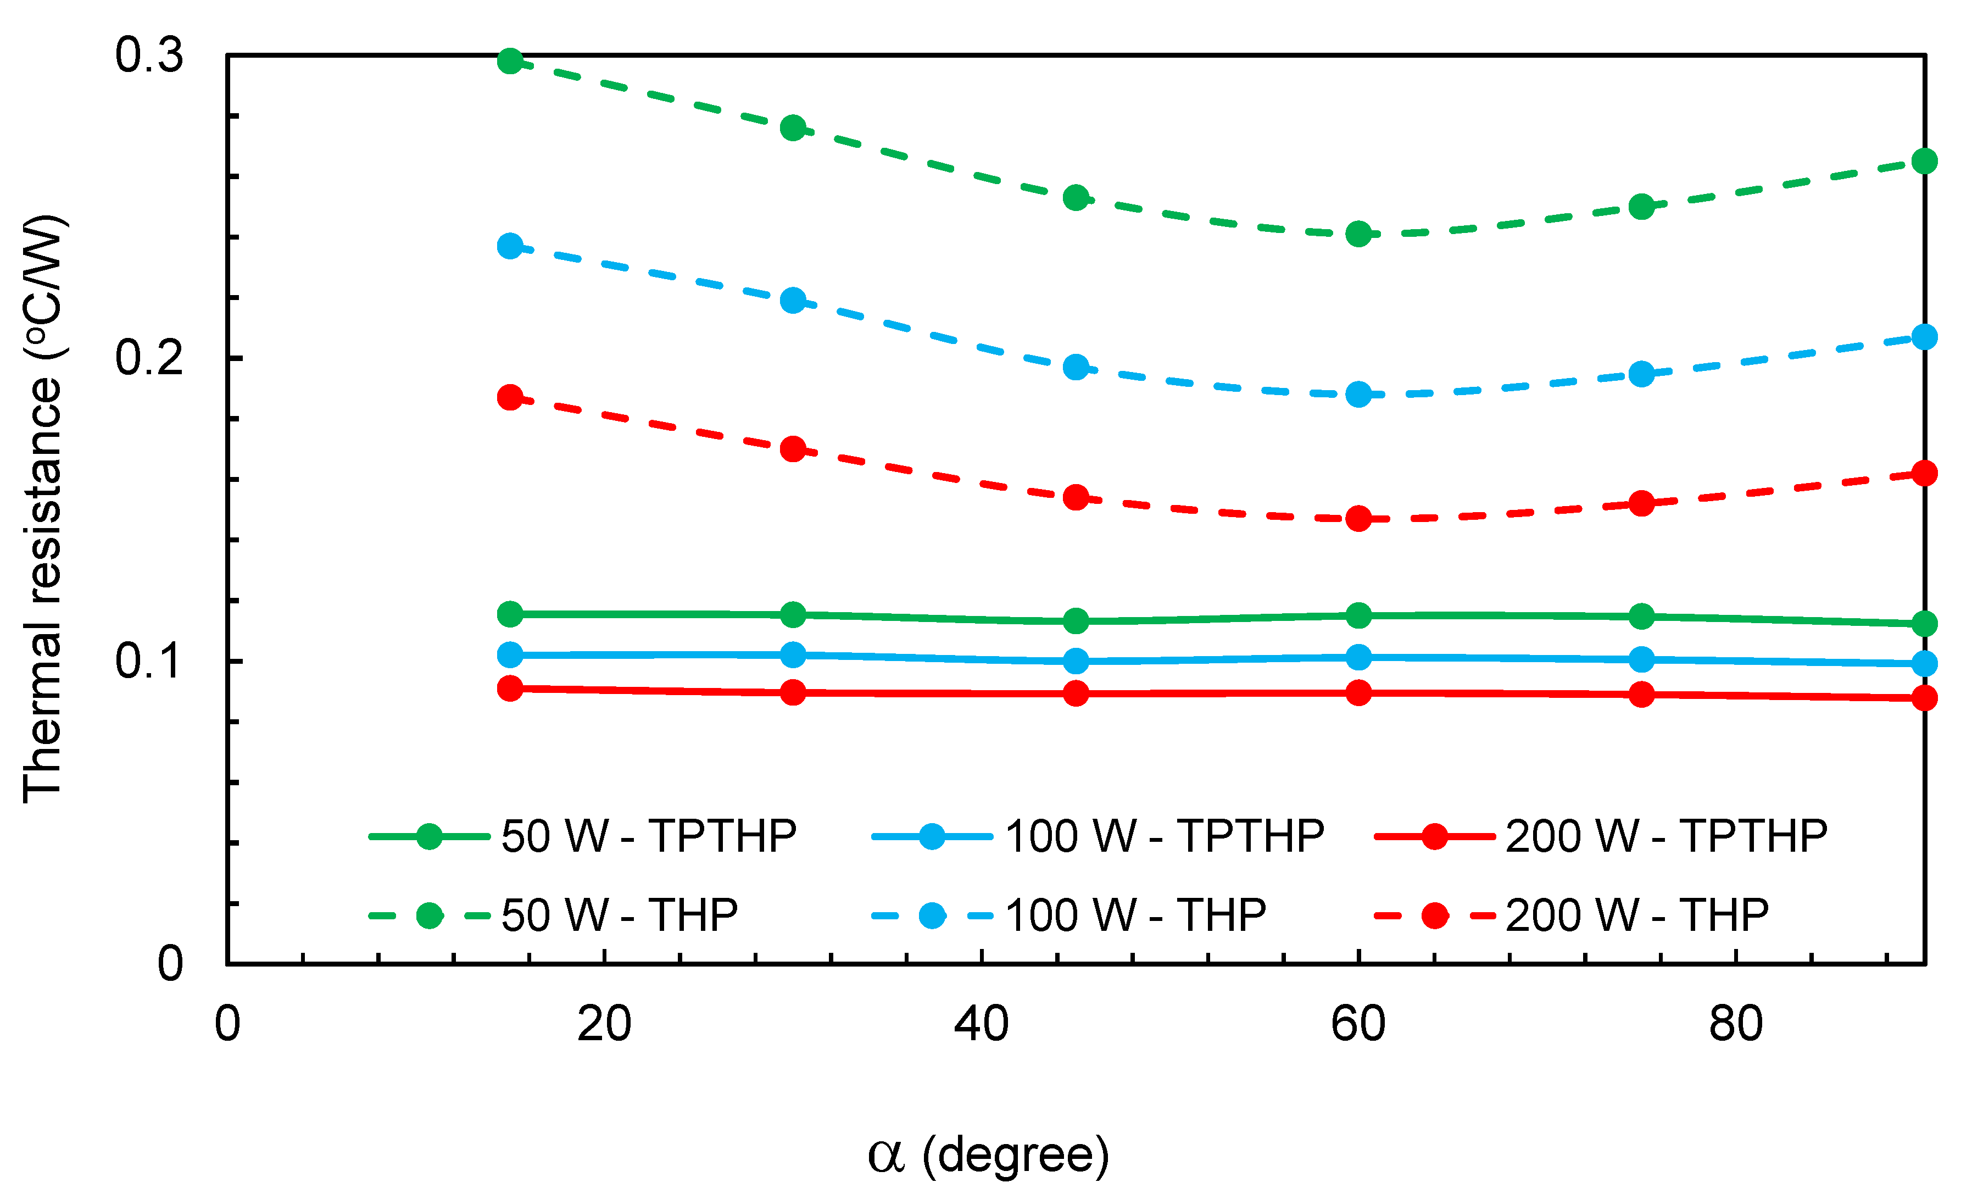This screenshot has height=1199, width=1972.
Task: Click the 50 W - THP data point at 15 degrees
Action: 510,61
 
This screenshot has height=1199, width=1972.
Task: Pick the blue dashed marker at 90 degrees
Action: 1924,337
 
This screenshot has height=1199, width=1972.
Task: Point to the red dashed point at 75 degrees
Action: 1641,503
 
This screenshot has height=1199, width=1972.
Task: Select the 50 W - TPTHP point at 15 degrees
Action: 510,615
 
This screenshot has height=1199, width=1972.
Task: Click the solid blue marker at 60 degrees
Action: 1358,657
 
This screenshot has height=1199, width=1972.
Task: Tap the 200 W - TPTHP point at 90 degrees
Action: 1924,698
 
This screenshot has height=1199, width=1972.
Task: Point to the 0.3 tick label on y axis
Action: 149,56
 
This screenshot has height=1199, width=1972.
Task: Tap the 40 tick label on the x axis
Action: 981,1024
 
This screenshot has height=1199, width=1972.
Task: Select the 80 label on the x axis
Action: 1735,1024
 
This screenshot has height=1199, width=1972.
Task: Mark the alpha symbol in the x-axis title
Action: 886,1156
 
